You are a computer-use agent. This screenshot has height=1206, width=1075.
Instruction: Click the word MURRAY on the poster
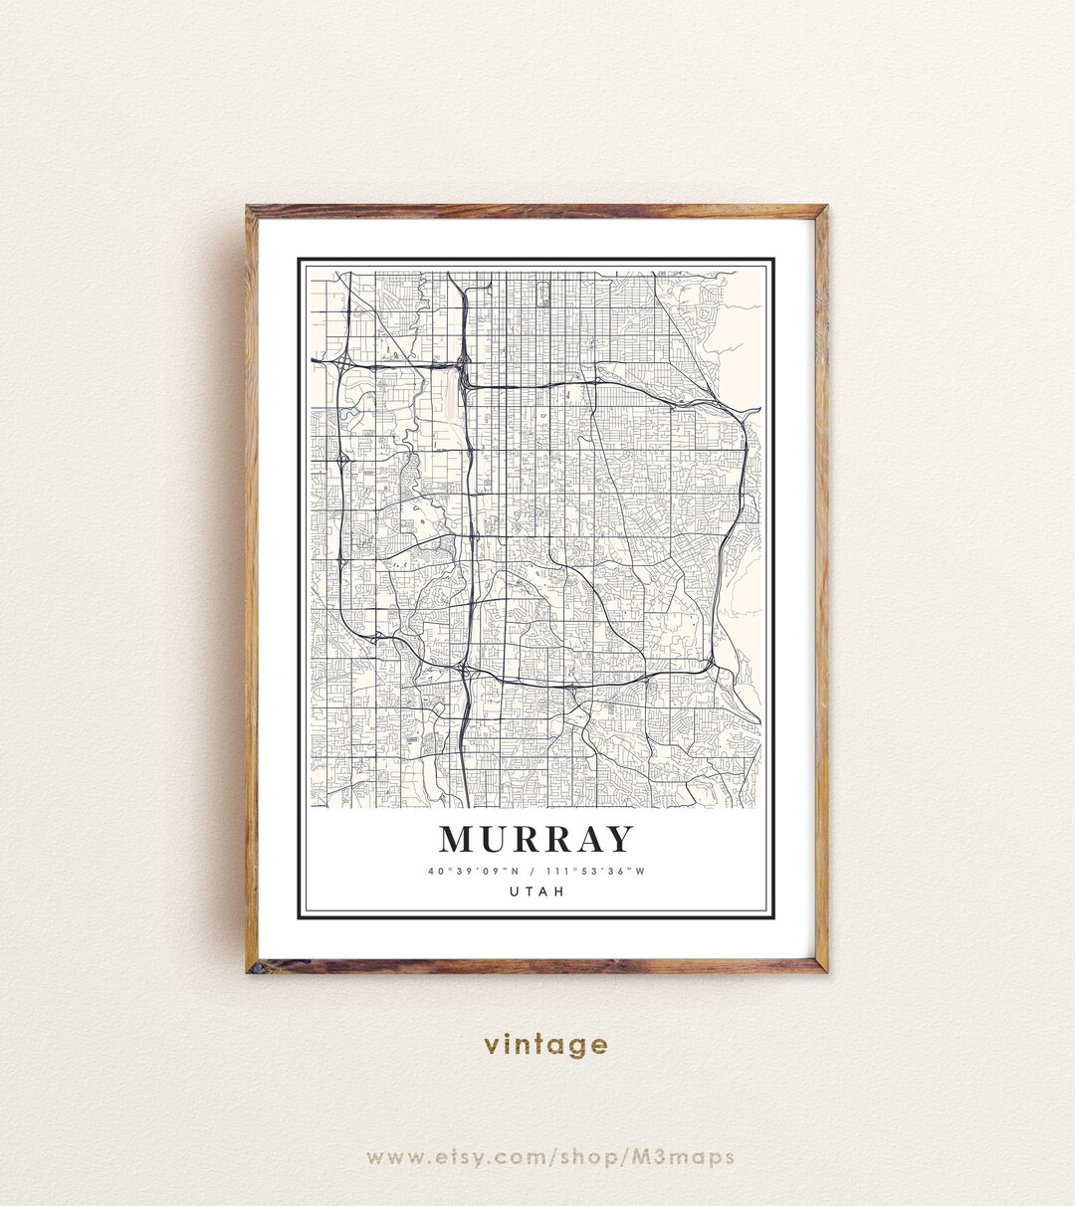(537, 840)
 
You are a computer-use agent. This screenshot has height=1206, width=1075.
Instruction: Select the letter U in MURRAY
(498, 840)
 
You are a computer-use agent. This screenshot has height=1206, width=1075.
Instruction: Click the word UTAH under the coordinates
(537, 892)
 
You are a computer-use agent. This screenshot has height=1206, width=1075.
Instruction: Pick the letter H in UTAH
(559, 892)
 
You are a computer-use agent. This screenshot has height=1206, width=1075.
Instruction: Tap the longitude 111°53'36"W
(594, 872)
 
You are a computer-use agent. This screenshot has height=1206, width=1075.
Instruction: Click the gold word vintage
(545, 1045)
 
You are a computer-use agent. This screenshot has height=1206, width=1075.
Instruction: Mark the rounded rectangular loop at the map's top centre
(542, 293)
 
